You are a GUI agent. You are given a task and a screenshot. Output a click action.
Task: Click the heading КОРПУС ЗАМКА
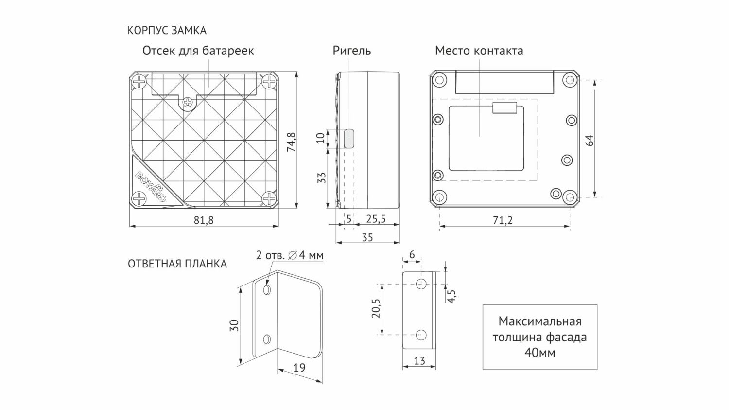point(167,31)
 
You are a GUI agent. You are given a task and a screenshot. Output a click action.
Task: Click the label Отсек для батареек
point(198,51)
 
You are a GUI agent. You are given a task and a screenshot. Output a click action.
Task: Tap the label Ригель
point(352,51)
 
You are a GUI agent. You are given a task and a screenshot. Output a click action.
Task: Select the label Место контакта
point(479,51)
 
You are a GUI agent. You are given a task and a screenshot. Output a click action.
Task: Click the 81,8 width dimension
point(204,220)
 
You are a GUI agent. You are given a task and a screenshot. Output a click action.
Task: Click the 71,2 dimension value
point(503,220)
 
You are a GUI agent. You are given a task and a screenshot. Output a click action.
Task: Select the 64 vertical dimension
point(590,141)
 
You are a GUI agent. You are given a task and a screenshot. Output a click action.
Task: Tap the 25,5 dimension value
point(376,219)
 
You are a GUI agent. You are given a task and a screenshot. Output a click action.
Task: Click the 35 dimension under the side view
point(367,237)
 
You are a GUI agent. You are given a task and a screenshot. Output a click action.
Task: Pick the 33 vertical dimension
point(321,178)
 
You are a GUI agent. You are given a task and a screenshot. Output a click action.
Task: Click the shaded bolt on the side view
point(349,138)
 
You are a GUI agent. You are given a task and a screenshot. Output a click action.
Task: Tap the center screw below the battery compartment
point(188,102)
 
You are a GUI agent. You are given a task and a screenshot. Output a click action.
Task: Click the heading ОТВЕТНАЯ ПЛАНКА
point(177,264)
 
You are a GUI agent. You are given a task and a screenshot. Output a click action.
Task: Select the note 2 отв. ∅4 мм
point(289,255)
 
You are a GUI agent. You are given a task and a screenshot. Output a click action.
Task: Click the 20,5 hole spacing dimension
point(375,309)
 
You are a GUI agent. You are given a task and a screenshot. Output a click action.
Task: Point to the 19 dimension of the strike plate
point(300,368)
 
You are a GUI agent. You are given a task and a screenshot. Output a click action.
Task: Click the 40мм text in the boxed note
point(539,353)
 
